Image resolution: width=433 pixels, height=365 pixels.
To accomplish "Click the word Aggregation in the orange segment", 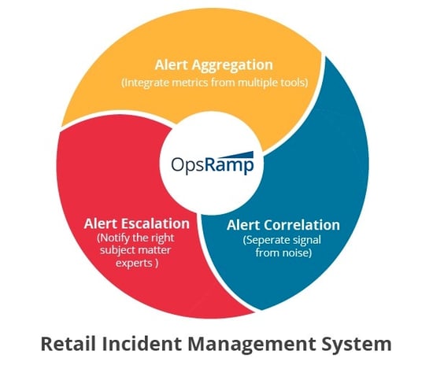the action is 232,65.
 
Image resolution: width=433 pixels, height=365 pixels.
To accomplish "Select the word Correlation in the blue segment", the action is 302,225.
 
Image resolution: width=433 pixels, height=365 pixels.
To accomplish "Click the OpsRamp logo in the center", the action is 212,164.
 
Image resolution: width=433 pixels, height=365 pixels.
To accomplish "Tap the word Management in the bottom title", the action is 252,345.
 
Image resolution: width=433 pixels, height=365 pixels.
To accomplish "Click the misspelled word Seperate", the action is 267,240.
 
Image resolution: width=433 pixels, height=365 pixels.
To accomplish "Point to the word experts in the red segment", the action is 134,263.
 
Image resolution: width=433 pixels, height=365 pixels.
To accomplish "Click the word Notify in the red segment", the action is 113,238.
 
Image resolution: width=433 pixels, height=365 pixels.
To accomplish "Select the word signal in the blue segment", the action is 307,241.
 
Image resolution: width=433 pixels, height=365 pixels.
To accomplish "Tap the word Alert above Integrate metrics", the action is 172,65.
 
